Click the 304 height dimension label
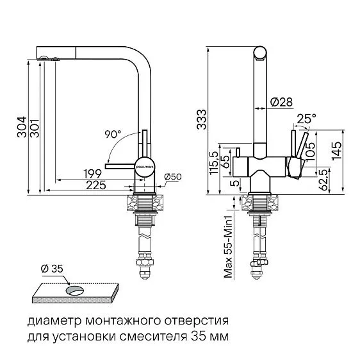[20, 128]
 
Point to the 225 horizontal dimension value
[97, 185]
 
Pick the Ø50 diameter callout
[173, 176]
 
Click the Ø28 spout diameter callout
[281, 102]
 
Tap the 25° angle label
[307, 118]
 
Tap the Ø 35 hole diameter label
[53, 269]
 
